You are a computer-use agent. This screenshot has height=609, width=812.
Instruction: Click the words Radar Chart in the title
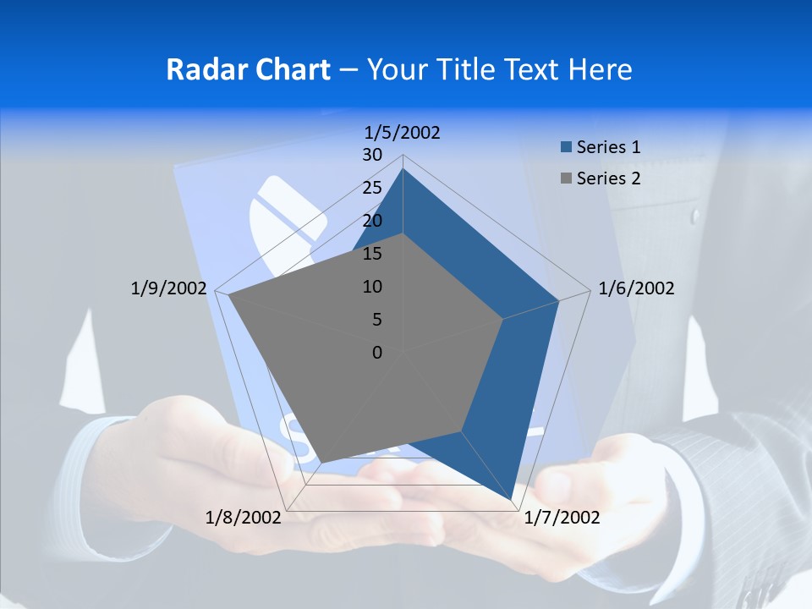pyautogui.click(x=248, y=69)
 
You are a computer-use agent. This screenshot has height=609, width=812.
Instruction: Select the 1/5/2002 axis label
pyautogui.click(x=403, y=132)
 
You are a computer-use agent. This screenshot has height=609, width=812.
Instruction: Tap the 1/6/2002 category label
pyautogui.click(x=636, y=288)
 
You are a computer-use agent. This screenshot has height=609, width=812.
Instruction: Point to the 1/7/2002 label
pyautogui.click(x=562, y=518)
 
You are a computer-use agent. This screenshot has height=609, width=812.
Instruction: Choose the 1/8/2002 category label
pyautogui.click(x=244, y=518)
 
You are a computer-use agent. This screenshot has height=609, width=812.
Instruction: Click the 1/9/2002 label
pyautogui.click(x=168, y=288)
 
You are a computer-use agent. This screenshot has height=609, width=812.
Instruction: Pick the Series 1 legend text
pyautogui.click(x=608, y=147)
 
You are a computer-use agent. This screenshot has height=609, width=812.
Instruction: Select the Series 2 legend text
pyautogui.click(x=608, y=178)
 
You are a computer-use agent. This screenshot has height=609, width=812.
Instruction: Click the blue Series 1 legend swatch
pyautogui.click(x=566, y=147)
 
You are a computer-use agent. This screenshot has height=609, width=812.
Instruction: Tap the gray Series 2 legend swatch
pyautogui.click(x=566, y=178)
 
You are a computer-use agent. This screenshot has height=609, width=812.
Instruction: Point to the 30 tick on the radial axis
pyautogui.click(x=372, y=155)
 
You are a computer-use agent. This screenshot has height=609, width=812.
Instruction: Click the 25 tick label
pyautogui.click(x=372, y=188)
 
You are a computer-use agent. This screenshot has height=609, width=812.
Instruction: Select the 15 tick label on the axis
pyautogui.click(x=372, y=254)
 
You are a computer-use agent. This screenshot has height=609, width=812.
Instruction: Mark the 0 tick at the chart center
pyautogui.click(x=377, y=353)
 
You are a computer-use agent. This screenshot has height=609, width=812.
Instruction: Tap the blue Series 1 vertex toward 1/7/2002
pyautogui.click(x=511, y=501)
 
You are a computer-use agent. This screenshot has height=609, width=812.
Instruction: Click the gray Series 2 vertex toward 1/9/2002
pyautogui.click(x=228, y=295)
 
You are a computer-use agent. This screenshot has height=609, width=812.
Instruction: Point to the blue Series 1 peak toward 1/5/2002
pyautogui.click(x=403, y=168)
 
